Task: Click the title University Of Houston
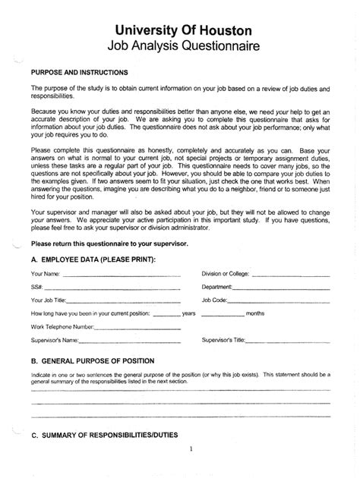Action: pyautogui.click(x=180, y=30)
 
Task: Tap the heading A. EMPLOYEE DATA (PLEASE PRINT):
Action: pyautogui.click(x=93, y=260)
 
